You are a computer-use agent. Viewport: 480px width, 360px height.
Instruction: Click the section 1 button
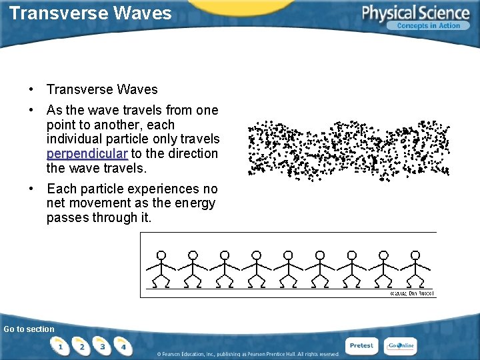[61, 346]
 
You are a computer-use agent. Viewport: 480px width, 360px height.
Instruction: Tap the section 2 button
[81, 346]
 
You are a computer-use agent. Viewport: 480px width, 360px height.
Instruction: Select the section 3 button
[102, 346]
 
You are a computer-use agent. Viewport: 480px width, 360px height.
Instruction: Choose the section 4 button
[123, 346]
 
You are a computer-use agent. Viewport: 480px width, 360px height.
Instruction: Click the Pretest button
[361, 345]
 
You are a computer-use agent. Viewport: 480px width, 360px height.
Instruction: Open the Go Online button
[401, 345]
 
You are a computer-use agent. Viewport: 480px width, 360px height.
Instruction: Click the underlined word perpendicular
[87, 154]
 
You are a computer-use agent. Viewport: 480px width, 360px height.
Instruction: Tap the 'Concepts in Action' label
[429, 26]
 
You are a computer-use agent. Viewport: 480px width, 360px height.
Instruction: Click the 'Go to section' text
[29, 329]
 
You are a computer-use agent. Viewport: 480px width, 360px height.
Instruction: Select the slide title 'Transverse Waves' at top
[91, 13]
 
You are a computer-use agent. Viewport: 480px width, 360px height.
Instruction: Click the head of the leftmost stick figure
[161, 255]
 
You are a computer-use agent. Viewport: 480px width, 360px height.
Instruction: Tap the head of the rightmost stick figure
[415, 255]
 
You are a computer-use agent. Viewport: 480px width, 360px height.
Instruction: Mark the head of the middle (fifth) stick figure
[288, 255]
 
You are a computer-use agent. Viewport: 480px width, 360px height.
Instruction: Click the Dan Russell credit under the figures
[411, 293]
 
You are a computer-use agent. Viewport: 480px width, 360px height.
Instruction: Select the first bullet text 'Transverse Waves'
[102, 89]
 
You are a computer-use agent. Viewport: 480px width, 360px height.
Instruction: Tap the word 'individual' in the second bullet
[77, 139]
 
